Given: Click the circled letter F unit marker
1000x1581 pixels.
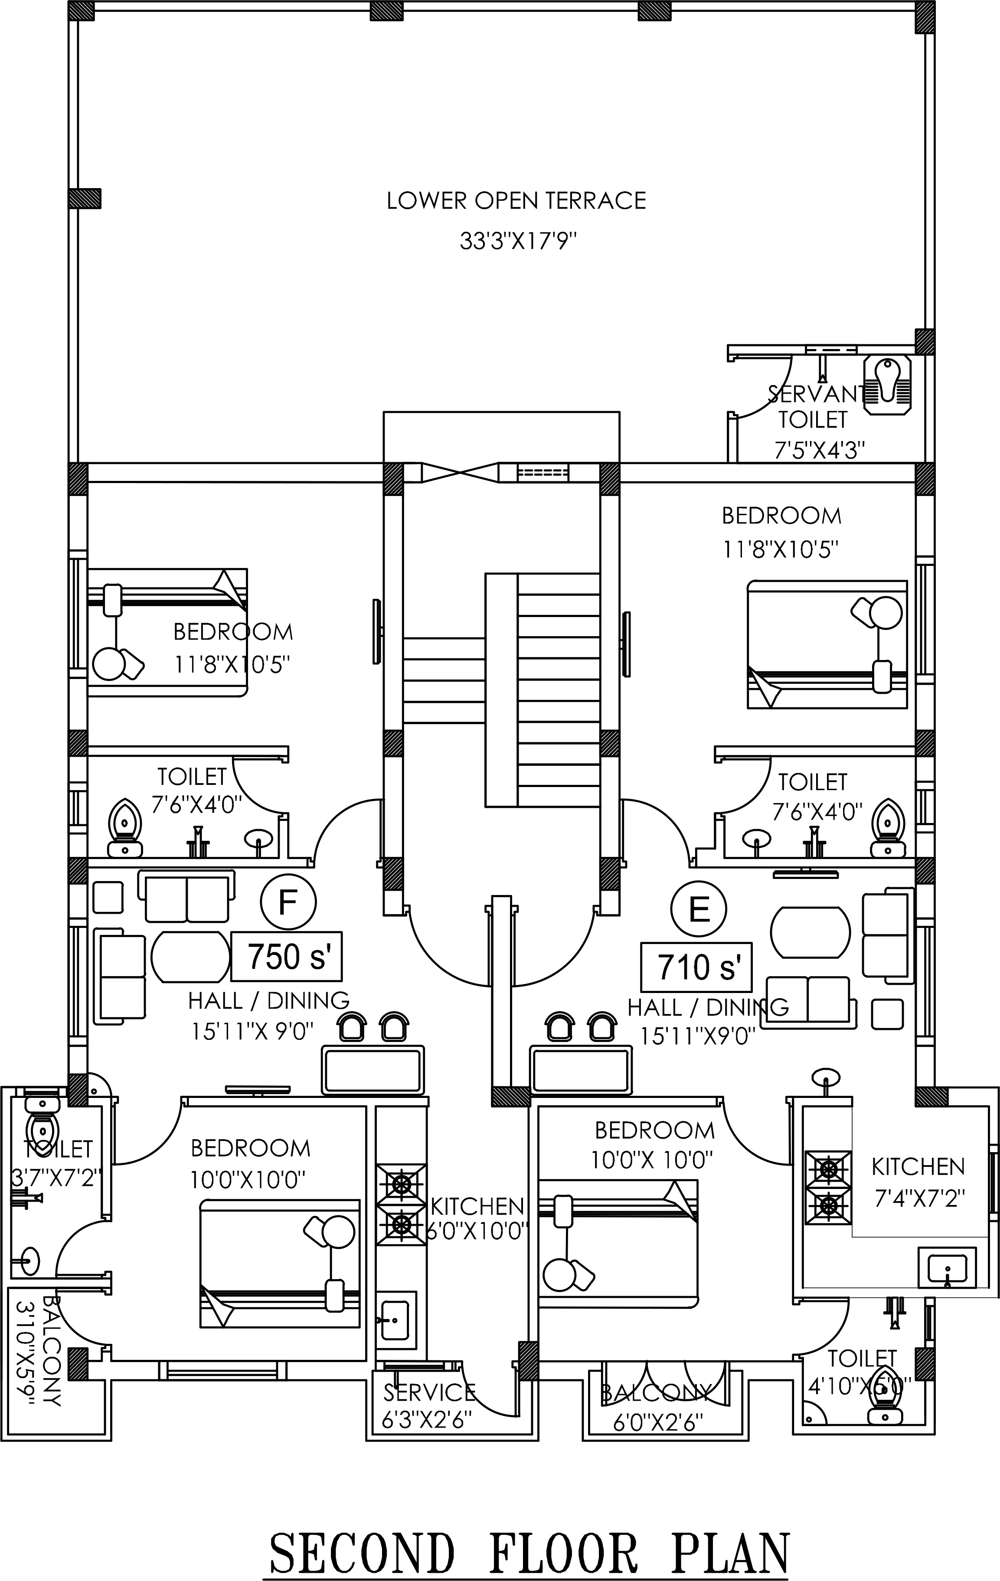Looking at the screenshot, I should click(288, 902).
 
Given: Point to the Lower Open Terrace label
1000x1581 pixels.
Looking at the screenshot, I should click(516, 200).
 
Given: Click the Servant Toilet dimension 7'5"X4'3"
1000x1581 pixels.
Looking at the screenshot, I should click(820, 451).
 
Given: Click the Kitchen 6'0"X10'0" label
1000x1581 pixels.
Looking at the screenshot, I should click(477, 1218).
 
